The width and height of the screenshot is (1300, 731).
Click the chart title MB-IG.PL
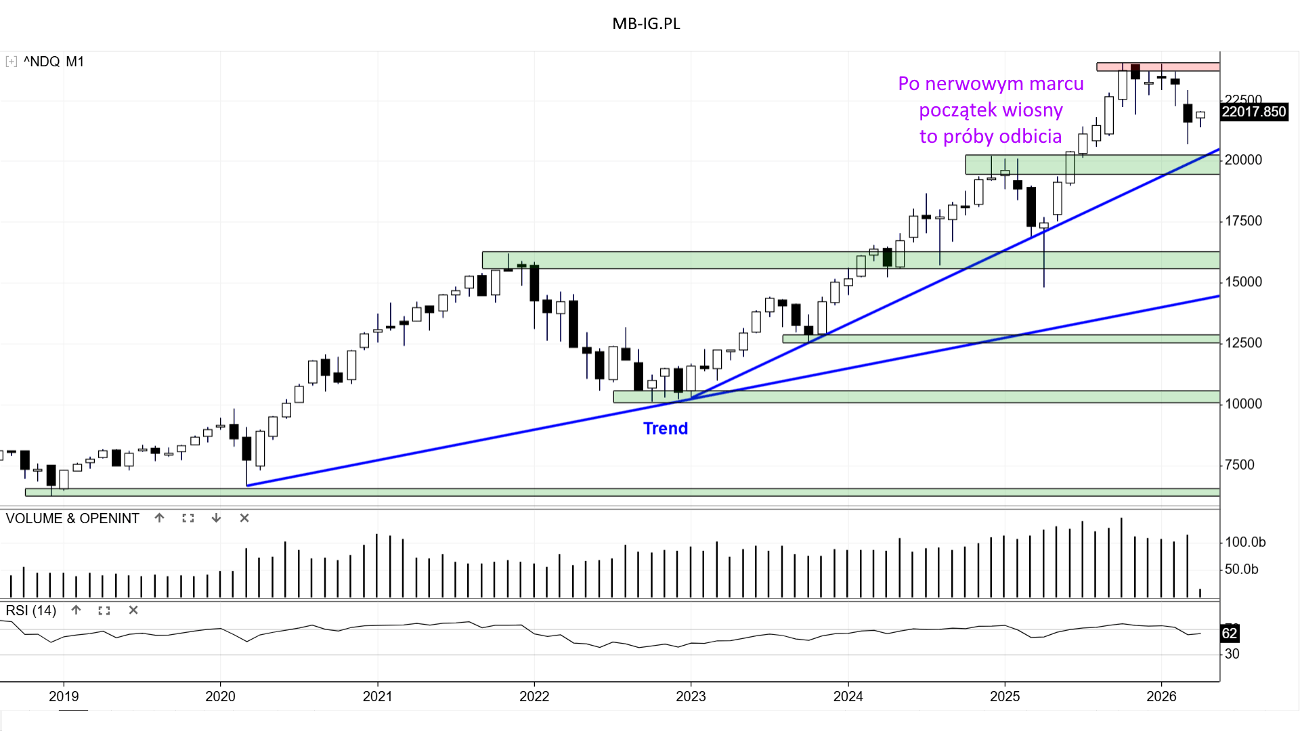point(646,24)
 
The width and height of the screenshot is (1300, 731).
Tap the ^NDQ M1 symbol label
point(53,62)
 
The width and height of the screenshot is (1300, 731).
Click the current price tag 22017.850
point(1253,112)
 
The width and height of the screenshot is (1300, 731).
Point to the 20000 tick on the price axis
point(1243,160)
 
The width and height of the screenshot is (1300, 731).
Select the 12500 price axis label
point(1243,342)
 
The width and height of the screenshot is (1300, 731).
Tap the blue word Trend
point(665,428)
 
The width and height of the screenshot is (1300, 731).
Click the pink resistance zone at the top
point(1158,66)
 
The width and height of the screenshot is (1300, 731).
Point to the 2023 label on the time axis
point(691,696)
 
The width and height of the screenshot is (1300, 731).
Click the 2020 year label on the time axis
point(220,696)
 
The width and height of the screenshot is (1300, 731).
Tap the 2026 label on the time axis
point(1161,696)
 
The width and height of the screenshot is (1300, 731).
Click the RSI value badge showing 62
point(1229,634)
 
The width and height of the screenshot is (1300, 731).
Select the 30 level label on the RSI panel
point(1232,654)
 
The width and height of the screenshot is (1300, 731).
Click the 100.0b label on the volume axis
point(1245,542)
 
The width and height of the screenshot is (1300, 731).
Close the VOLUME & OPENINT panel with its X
point(244,518)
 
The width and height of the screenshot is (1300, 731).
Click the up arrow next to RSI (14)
point(77,610)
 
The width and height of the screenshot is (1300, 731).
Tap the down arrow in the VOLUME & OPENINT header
point(216,518)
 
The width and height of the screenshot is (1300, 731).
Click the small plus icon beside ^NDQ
point(11,62)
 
